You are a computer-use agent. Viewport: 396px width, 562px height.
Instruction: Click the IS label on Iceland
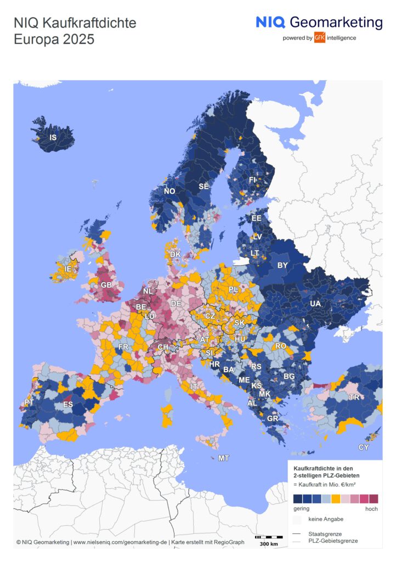(x=53, y=137)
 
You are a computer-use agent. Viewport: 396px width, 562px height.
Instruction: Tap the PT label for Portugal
(x=30, y=403)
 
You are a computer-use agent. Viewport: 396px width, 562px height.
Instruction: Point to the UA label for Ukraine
(x=316, y=304)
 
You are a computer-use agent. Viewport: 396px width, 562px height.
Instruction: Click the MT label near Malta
(x=224, y=458)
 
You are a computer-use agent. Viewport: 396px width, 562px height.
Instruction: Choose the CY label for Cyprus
(x=364, y=447)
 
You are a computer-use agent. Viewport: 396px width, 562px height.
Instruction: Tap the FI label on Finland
(x=253, y=179)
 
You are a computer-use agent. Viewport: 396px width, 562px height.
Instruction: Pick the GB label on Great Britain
(x=106, y=285)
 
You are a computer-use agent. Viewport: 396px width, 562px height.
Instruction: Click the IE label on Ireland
(x=68, y=269)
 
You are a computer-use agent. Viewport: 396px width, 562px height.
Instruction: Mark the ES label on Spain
(x=69, y=405)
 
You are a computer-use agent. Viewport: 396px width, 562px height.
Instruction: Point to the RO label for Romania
(x=281, y=346)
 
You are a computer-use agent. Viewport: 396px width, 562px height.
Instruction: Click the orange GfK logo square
(x=320, y=37)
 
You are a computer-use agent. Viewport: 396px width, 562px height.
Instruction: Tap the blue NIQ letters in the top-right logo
(x=270, y=23)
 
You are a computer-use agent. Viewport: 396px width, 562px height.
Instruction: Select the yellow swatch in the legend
(x=336, y=498)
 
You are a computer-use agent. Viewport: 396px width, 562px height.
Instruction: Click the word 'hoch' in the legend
(x=371, y=509)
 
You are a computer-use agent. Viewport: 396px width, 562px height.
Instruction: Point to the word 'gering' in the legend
(x=302, y=509)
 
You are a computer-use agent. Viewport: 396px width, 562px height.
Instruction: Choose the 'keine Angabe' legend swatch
(x=297, y=519)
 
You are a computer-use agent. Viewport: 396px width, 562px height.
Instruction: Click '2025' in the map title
(x=77, y=40)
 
